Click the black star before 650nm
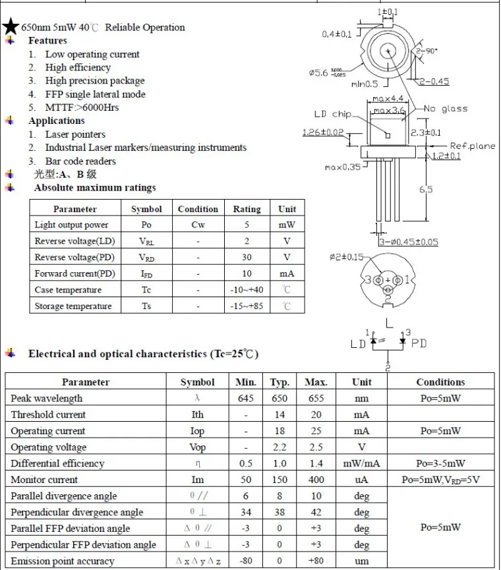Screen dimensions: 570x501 click(11, 27)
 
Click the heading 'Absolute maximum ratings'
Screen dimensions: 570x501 click(95, 188)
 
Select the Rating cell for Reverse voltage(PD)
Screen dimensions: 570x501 click(247, 258)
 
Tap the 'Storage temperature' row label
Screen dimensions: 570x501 click(73, 306)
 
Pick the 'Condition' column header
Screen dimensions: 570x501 click(198, 209)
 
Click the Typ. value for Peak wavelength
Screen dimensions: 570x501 click(280, 398)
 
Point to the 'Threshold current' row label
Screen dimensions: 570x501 click(48, 414)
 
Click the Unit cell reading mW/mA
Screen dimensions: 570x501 click(361, 463)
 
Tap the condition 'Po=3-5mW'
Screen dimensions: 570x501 click(440, 463)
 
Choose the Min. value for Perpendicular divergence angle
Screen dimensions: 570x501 click(245, 512)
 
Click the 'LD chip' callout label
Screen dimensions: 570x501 click(332, 114)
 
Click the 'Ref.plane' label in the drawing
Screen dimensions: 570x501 click(472, 146)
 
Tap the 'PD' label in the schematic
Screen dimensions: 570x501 click(419, 343)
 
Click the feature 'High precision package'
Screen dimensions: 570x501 click(95, 81)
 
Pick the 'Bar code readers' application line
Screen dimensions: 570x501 click(80, 161)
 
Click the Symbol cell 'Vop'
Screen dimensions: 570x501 click(197, 447)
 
